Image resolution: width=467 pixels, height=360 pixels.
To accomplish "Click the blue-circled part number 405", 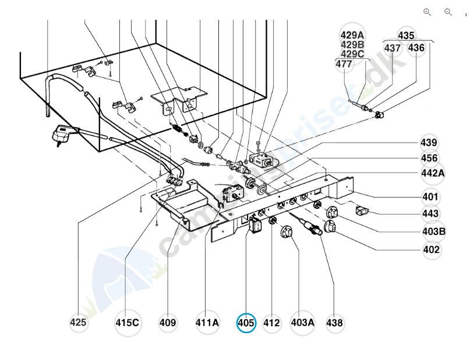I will tap(246, 323).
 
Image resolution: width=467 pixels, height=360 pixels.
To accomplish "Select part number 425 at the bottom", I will tap(79, 323).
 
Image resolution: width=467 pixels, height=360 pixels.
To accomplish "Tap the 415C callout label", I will tap(128, 323).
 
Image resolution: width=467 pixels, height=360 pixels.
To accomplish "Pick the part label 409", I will tap(168, 323).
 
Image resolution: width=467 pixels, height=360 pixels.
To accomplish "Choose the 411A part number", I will tap(207, 323).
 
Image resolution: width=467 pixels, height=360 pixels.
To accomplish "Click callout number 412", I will tap(271, 323).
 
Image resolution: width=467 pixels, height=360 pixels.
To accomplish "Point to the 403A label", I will tap(302, 323).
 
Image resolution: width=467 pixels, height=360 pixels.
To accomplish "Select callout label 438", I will tap(334, 323).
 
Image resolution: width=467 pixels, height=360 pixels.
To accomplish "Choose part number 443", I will tap(431, 214).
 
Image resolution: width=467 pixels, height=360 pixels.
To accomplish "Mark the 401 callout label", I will tap(431, 196).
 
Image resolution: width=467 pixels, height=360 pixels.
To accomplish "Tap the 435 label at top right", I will tap(406, 35).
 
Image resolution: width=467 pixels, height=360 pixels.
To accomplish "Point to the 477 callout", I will tap(344, 65).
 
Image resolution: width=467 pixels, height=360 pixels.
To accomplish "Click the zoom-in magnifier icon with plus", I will tap(427, 12).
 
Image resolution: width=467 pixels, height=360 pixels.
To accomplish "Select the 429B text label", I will tap(352, 44).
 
